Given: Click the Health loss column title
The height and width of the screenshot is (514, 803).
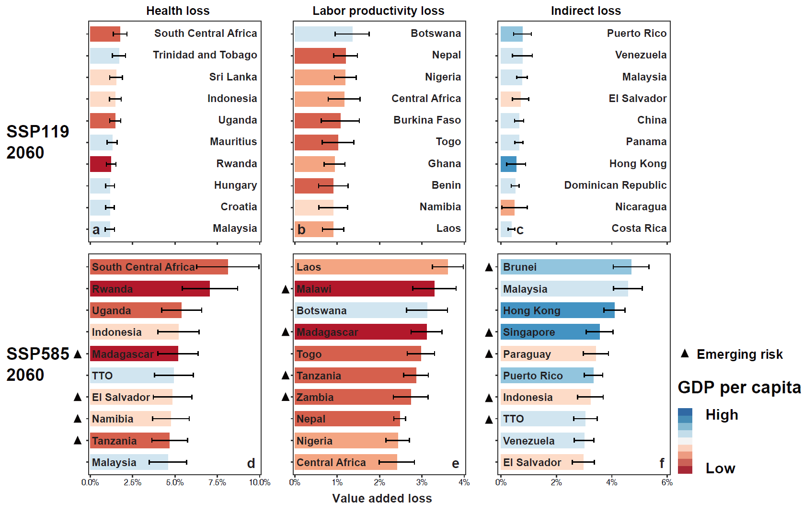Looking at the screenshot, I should point(178,11).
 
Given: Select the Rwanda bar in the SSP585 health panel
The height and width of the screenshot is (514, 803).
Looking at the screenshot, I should point(149,289).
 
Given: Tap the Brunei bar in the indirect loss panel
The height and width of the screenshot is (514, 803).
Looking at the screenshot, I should point(565,267).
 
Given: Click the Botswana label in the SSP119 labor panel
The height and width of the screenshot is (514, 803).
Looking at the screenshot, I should point(436,34).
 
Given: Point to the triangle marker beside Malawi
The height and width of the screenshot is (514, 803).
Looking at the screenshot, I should point(286,289).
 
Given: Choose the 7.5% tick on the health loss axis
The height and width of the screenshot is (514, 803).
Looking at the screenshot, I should point(217,482).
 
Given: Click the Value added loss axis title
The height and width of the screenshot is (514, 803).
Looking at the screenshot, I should point(382,499).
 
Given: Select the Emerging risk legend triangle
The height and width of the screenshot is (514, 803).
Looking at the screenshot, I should point(685,354).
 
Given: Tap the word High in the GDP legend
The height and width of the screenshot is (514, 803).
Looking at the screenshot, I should point(722,415).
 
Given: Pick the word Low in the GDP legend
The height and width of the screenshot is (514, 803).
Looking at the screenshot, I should point(720,468).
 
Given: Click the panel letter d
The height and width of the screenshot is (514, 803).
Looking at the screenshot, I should point(251,463).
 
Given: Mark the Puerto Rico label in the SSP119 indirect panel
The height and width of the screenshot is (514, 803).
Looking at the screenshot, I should point(636,34).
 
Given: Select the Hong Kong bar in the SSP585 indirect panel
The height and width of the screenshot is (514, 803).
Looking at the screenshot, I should point(557,310).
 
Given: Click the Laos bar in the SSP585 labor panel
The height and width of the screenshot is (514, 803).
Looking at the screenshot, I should point(371,267).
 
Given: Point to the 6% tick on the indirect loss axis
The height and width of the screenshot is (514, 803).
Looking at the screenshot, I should point(666,482).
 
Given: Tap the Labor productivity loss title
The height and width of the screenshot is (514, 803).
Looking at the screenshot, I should point(378,11).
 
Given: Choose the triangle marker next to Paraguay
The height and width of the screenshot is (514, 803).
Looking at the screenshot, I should point(489,354).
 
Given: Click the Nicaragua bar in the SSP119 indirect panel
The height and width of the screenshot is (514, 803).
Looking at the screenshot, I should point(507,207).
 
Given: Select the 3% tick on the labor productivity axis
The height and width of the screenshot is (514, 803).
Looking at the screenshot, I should point(422,482).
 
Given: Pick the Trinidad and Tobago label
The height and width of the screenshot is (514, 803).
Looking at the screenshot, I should point(205,55).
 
